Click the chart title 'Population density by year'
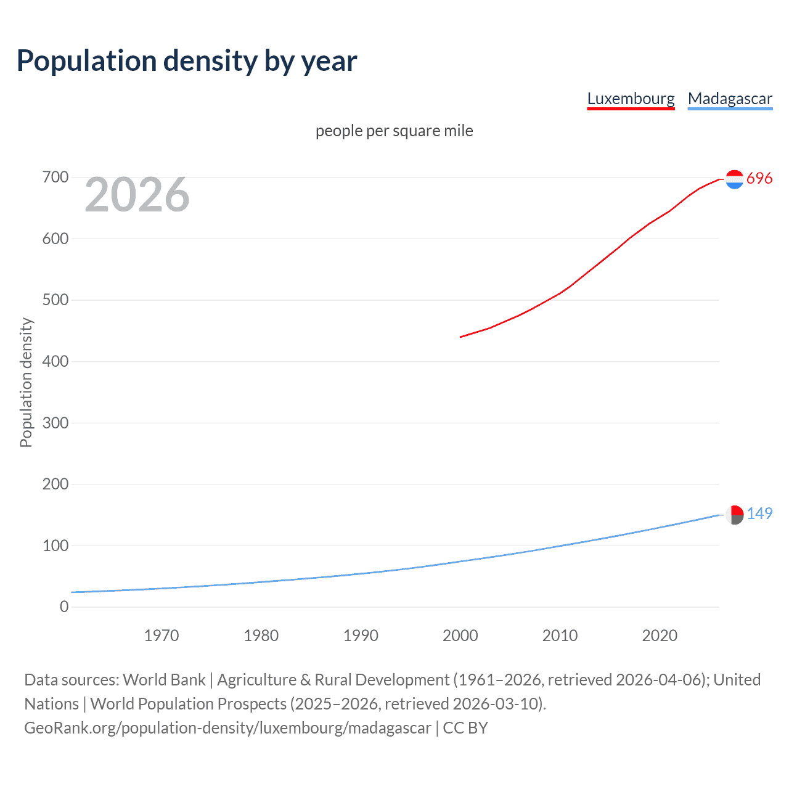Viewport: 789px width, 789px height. point(187,61)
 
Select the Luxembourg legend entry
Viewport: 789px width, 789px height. point(631,99)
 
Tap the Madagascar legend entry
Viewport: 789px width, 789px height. point(730,99)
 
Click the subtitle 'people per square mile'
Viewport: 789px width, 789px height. point(394,131)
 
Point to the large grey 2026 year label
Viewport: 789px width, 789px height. point(137,195)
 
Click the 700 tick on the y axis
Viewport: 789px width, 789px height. point(55,178)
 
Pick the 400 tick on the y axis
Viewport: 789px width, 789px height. point(55,361)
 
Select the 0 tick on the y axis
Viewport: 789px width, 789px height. point(64,607)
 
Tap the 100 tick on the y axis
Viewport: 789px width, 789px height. point(55,546)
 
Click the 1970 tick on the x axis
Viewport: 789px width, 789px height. point(161,636)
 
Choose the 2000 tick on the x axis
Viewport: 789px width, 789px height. point(460,636)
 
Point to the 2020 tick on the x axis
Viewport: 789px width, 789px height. point(660,636)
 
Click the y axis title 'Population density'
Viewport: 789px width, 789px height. point(26,382)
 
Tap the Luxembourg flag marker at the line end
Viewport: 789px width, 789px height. point(734,179)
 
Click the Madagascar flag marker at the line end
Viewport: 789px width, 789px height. point(734,515)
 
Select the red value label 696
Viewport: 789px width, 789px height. point(759,178)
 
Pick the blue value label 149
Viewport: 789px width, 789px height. point(759,513)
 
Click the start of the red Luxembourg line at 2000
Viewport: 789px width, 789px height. point(461,337)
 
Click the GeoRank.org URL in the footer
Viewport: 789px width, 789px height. point(227,728)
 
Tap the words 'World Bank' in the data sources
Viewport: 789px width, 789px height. point(164,680)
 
